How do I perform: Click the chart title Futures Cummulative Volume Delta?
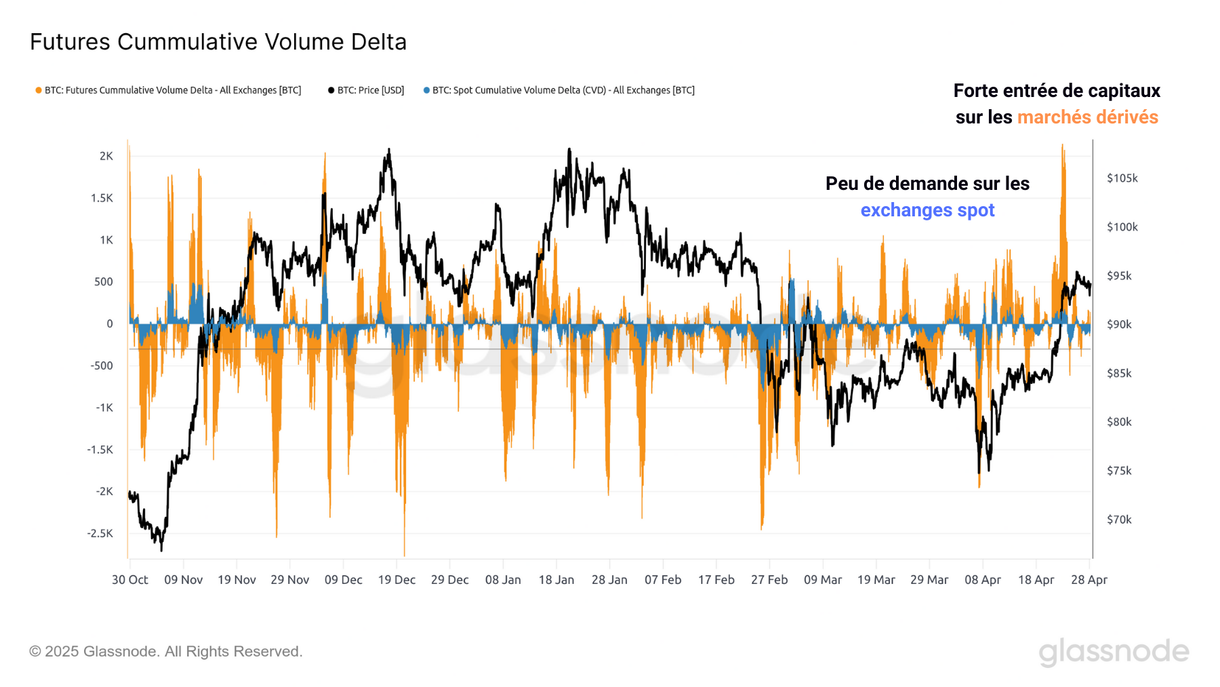click(218, 42)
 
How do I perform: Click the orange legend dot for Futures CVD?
click(39, 90)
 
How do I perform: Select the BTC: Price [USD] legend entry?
click(366, 90)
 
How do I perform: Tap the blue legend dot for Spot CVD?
click(426, 90)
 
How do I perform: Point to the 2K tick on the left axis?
click(106, 156)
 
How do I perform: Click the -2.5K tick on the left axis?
click(100, 533)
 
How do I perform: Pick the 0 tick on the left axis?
click(110, 324)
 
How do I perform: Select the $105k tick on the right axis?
click(1122, 178)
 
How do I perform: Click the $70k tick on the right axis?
click(1119, 519)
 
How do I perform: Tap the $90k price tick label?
click(1119, 325)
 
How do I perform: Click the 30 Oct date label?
click(129, 580)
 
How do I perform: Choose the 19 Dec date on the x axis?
click(396, 580)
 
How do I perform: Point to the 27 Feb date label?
click(769, 580)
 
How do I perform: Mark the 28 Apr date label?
click(1089, 580)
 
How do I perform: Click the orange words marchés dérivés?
click(1087, 117)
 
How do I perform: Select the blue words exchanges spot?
click(927, 210)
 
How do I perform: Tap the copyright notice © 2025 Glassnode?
click(165, 652)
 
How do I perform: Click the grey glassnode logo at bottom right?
click(1114, 652)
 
